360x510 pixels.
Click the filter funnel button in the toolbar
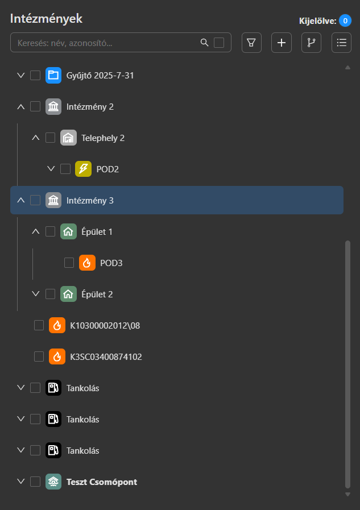(x=251, y=43)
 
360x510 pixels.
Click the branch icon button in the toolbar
(x=311, y=43)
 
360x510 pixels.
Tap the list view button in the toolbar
(x=341, y=43)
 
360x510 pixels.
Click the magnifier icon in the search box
(x=205, y=43)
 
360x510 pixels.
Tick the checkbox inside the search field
(x=219, y=43)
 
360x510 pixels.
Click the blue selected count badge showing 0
(x=345, y=21)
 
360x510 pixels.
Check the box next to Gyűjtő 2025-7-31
(x=35, y=75)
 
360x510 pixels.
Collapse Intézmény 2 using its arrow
(x=21, y=106)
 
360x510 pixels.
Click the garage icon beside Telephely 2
(x=68, y=138)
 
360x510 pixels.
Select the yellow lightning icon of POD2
(x=83, y=169)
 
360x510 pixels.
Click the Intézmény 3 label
(x=90, y=200)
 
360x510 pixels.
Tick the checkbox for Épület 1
(x=51, y=231)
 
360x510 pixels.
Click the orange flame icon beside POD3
(x=87, y=263)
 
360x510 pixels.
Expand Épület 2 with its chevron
(x=36, y=294)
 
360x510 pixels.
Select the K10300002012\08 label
(x=105, y=325)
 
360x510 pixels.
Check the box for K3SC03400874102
(x=39, y=356)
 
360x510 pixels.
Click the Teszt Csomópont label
(x=102, y=482)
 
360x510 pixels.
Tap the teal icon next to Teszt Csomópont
(x=53, y=482)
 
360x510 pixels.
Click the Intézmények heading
(x=46, y=18)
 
